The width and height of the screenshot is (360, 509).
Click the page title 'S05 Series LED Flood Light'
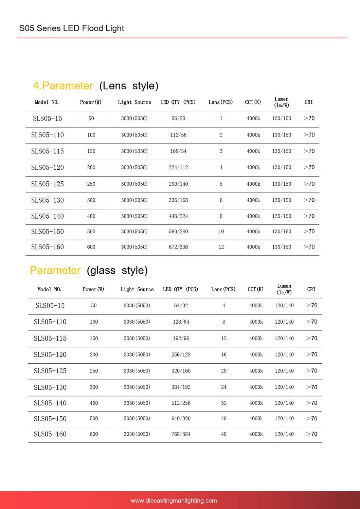(72, 28)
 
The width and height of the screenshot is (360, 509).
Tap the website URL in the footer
(174, 501)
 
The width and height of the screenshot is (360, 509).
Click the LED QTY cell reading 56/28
(178, 119)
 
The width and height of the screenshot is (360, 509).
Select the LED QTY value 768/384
(181, 434)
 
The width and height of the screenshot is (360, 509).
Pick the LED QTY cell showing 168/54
(178, 151)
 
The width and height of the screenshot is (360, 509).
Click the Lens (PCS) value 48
(223, 434)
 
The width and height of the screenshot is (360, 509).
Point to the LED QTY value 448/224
(178, 216)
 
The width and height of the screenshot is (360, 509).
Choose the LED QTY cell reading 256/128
(181, 355)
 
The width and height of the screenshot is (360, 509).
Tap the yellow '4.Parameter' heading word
(63, 86)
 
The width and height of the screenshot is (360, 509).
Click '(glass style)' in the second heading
(117, 270)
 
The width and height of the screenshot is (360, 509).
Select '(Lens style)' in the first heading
(129, 86)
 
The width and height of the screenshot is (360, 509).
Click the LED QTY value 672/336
(178, 247)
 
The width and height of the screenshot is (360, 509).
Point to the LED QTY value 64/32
(181, 306)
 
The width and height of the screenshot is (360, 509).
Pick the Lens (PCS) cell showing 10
(221, 232)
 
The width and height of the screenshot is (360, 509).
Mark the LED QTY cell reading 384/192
(181, 387)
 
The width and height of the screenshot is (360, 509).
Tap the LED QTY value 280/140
(178, 184)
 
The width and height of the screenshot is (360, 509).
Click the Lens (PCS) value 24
(223, 387)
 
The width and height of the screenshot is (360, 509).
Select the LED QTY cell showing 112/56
(178, 135)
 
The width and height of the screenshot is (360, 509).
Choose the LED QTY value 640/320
(181, 419)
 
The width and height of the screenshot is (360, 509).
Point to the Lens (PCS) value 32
(223, 403)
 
